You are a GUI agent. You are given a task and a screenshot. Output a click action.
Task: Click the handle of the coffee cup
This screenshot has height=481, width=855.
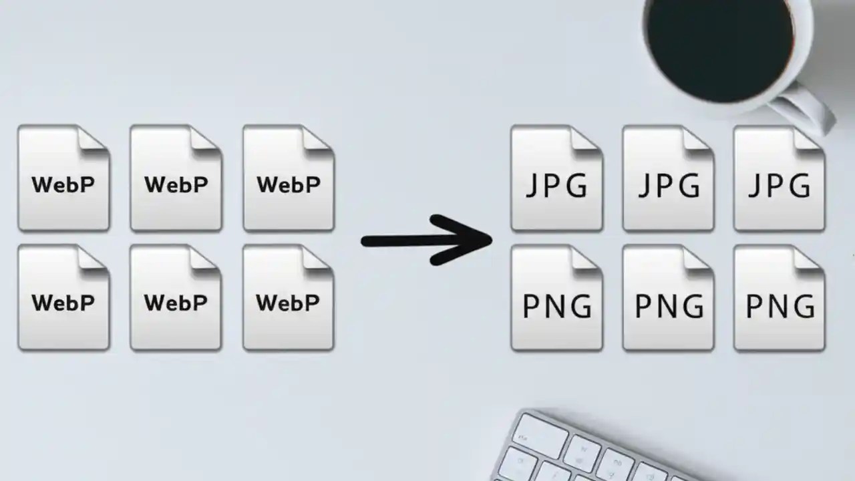(x=805, y=110)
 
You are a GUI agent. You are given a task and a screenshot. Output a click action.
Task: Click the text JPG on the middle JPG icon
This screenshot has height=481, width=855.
(x=668, y=186)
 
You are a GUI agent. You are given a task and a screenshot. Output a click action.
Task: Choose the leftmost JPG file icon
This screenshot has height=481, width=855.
(x=556, y=179)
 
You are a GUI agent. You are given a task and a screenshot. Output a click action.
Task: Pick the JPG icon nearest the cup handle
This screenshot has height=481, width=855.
(x=779, y=179)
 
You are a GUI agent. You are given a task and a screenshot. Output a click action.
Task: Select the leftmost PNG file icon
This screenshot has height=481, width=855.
(x=556, y=299)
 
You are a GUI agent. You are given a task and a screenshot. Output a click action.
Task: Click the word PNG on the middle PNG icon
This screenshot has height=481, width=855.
(x=669, y=307)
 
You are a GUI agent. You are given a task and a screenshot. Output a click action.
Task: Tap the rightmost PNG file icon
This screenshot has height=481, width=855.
(x=779, y=299)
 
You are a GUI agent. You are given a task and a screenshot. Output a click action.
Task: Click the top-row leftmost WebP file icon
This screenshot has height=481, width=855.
(x=63, y=179)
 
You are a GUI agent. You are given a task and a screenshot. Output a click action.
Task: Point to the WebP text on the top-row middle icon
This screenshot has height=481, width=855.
(x=176, y=184)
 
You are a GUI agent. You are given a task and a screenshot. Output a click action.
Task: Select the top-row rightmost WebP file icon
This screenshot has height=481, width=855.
(x=288, y=179)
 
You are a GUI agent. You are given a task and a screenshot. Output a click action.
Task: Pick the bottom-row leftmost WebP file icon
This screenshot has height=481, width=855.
(x=63, y=299)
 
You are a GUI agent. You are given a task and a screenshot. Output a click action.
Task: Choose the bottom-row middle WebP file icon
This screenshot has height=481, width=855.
(x=176, y=299)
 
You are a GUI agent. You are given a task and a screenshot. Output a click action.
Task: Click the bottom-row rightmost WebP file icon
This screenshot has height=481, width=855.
(x=288, y=299)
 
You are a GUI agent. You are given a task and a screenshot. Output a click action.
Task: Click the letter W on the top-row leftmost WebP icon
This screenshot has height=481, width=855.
(x=42, y=184)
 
